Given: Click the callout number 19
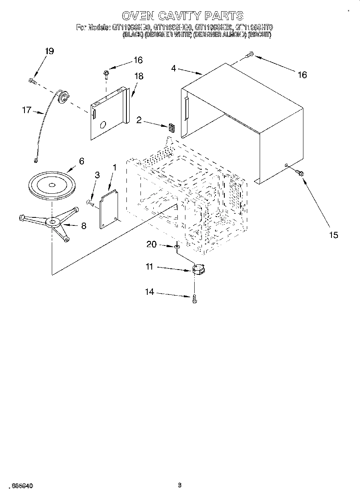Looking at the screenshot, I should pos(49,51).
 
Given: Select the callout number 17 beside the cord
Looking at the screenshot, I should pos(26,110).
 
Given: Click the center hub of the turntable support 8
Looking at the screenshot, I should pos(53,222).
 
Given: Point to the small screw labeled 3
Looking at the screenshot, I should pos(90,203).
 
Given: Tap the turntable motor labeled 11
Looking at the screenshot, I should pos(198,269).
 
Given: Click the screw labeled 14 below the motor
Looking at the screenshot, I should pos(195,298).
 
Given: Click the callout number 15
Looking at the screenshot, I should pos(334,235).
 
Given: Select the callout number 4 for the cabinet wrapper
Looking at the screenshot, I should pos(173,69).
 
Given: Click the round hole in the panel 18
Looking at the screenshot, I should pos(103,125).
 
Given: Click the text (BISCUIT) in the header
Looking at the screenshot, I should pos(260,35).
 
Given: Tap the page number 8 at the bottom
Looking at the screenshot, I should pos(180,485).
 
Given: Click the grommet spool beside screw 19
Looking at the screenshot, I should pos(63,96).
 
